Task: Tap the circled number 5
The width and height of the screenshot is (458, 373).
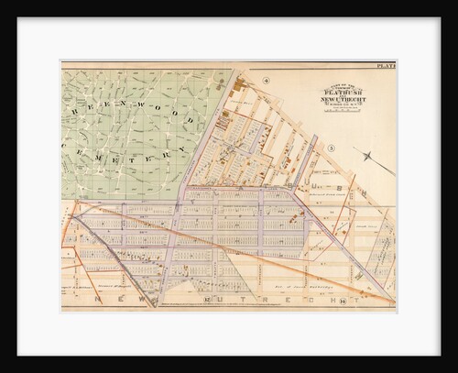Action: click(333, 148)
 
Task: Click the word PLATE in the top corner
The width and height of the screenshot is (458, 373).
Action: click(386, 66)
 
